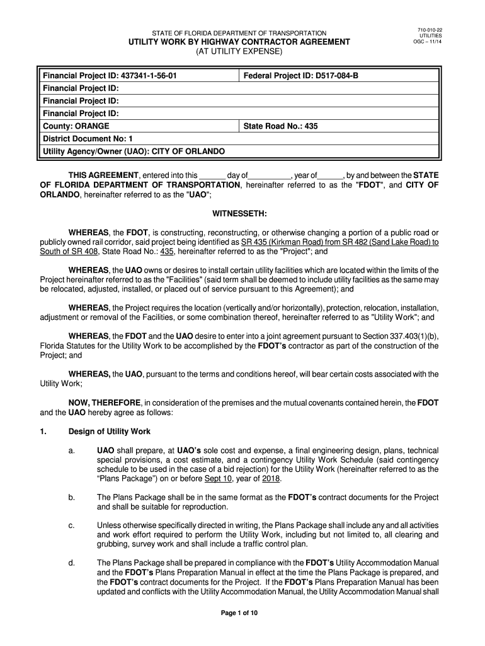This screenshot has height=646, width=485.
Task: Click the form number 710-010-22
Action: click(x=431, y=30)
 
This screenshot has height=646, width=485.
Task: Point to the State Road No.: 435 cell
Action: click(x=280, y=126)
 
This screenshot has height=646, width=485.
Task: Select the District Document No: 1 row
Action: click(x=88, y=139)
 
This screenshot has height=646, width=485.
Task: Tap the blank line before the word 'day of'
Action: click(x=212, y=175)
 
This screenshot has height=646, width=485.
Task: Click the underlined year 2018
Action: click(x=271, y=478)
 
